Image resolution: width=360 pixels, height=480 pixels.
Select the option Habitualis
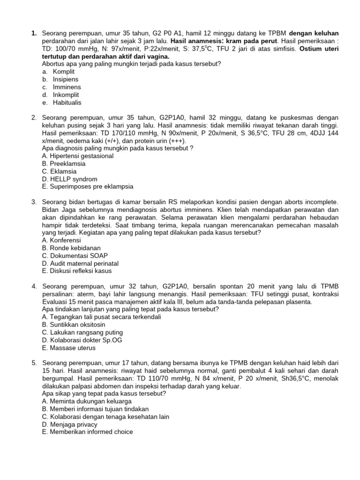(x=67, y=102)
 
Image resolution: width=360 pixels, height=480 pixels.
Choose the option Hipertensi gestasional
(x=77, y=156)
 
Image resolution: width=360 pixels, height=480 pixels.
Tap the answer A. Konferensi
(x=61, y=240)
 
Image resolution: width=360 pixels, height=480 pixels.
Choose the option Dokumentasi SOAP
(x=75, y=255)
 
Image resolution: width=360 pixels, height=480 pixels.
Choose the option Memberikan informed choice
(x=87, y=432)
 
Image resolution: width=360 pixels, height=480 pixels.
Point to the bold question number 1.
(x=34, y=33)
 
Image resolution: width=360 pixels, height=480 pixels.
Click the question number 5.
(x=34, y=363)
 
